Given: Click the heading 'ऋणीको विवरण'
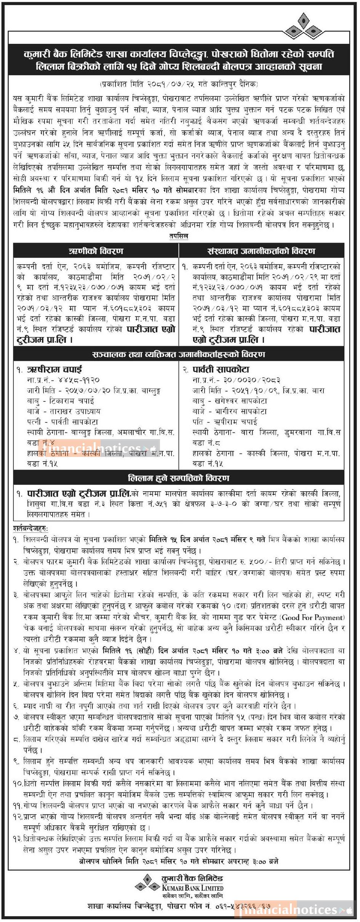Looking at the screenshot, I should pyautogui.click(x=96, y=251).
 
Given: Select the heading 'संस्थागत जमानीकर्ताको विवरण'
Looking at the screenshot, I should pyautogui.click(x=261, y=251).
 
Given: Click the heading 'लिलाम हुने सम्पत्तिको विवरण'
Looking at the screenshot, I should pyautogui.click(x=179, y=478).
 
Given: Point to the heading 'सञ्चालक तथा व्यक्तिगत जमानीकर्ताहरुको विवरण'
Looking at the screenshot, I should pyautogui.click(x=179, y=355).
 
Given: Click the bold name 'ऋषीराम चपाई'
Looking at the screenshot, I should pyautogui.click(x=54, y=369).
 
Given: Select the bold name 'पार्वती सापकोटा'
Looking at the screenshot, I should pyautogui.click(x=221, y=369).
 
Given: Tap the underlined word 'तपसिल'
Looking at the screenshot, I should pyautogui.click(x=179, y=236).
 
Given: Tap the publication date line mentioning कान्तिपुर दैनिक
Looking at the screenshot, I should pyautogui.click(x=179, y=84).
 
